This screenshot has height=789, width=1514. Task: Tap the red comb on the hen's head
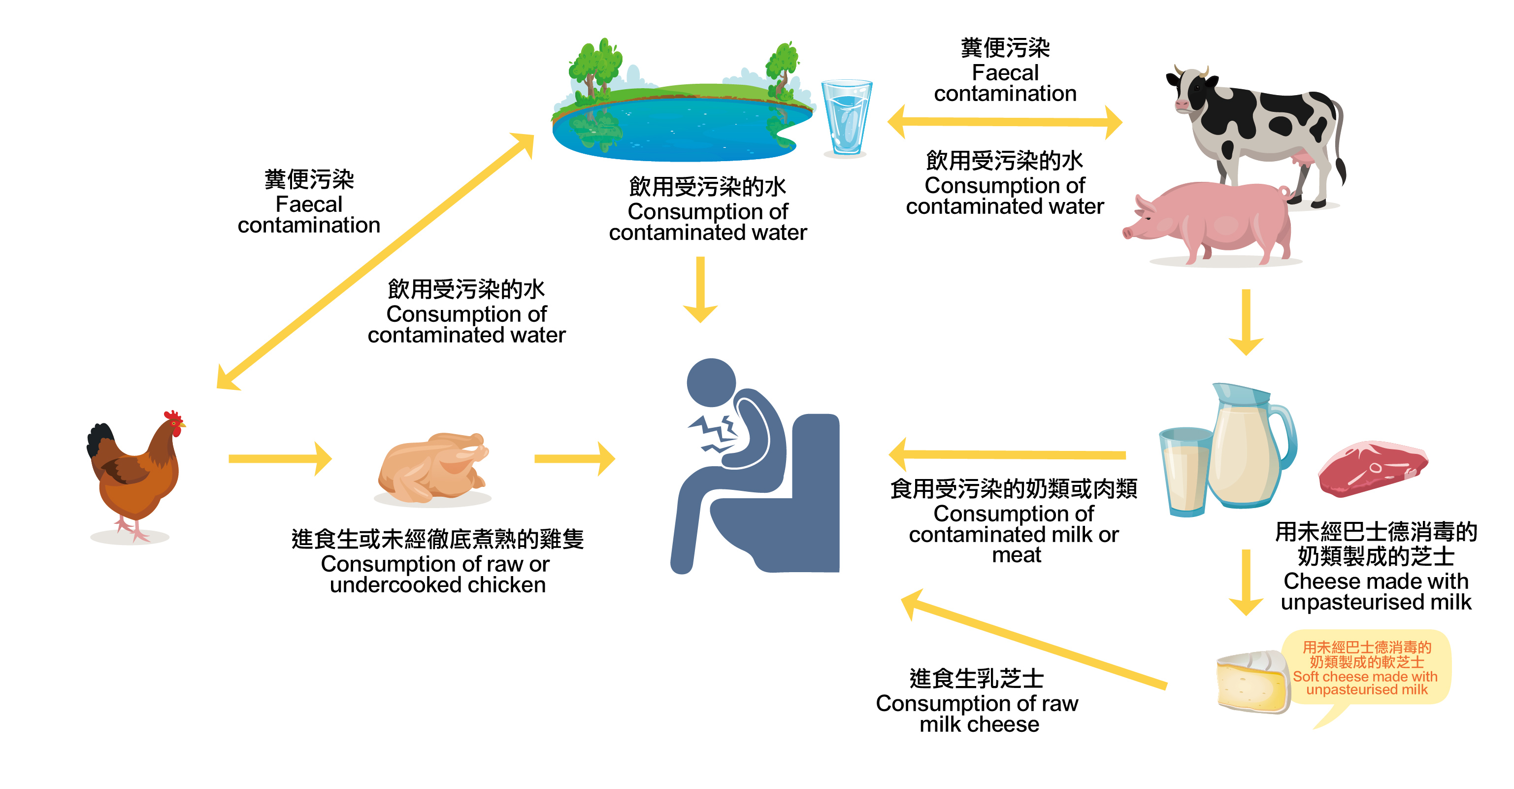point(173,416)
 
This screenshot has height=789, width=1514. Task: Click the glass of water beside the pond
point(846,118)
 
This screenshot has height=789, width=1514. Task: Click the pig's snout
point(1127,233)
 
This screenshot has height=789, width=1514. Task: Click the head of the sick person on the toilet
point(711,382)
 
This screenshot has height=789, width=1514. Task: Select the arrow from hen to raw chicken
point(280,459)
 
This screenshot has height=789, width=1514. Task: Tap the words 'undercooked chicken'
point(437,585)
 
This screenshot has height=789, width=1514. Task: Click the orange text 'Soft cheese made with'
point(1365,677)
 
